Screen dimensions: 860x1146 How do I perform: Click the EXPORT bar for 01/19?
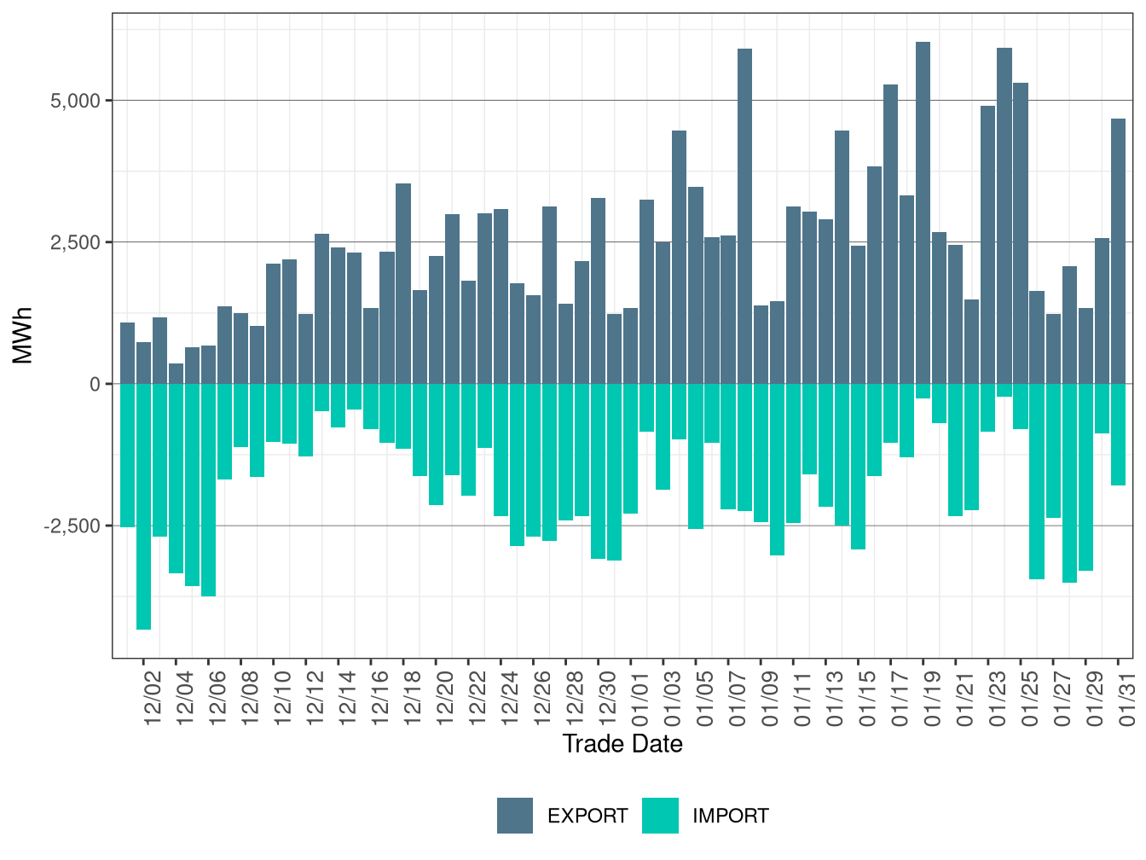[x=923, y=213]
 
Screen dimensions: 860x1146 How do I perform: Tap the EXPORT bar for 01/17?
[x=891, y=235]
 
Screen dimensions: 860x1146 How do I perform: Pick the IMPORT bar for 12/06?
[x=209, y=490]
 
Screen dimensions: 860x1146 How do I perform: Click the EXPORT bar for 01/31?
[x=1119, y=252]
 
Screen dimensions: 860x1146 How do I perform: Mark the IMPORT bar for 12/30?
[x=599, y=471]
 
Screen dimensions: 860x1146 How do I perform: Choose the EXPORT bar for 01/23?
[x=988, y=245]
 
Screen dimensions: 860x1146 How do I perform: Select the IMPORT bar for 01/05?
[x=696, y=456]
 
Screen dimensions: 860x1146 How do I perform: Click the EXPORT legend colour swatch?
[x=515, y=816]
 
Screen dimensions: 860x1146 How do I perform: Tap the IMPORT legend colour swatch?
[x=661, y=816]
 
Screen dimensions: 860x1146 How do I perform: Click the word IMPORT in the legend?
[x=731, y=816]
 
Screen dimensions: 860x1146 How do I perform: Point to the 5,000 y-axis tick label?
[x=76, y=101]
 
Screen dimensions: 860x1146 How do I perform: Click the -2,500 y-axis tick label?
[x=72, y=526]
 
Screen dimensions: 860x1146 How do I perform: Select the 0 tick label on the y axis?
[x=95, y=384]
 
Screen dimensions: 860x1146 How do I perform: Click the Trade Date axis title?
[x=622, y=744]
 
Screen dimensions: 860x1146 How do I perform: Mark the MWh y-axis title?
[x=23, y=335]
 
